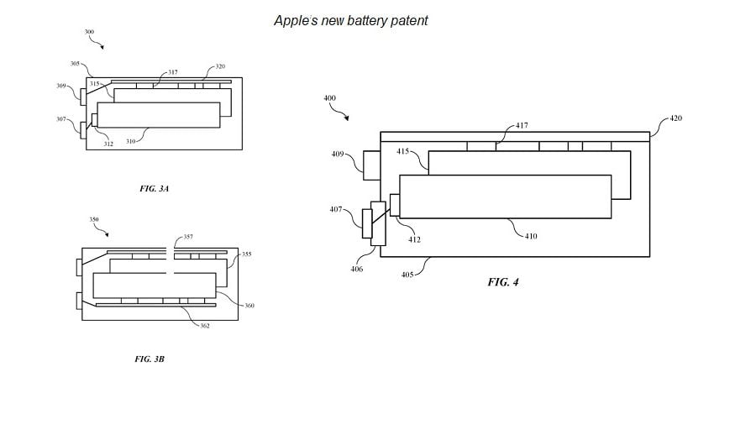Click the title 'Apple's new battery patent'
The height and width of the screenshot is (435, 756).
click(x=350, y=20)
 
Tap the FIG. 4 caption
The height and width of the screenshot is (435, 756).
click(x=503, y=282)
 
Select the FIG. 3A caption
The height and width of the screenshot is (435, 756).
click(x=155, y=189)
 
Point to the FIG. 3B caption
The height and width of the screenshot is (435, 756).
click(x=150, y=359)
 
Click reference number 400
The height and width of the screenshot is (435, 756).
click(x=329, y=98)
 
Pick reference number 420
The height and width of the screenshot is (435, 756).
click(x=675, y=118)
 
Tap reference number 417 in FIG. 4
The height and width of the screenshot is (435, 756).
click(x=522, y=125)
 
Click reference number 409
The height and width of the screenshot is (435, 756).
click(x=338, y=154)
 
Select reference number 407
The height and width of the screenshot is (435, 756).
click(x=336, y=209)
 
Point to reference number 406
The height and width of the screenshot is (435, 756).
click(x=357, y=269)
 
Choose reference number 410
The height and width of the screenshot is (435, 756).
click(x=531, y=236)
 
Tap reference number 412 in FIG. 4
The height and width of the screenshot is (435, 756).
click(x=414, y=239)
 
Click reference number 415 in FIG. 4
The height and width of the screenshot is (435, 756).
click(x=402, y=151)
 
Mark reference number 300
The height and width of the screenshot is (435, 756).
click(x=89, y=31)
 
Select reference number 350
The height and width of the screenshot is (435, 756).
click(x=93, y=219)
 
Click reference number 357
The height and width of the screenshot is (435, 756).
click(x=188, y=237)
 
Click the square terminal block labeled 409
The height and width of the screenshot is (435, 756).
click(x=370, y=165)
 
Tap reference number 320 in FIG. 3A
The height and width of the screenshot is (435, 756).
click(x=220, y=66)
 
